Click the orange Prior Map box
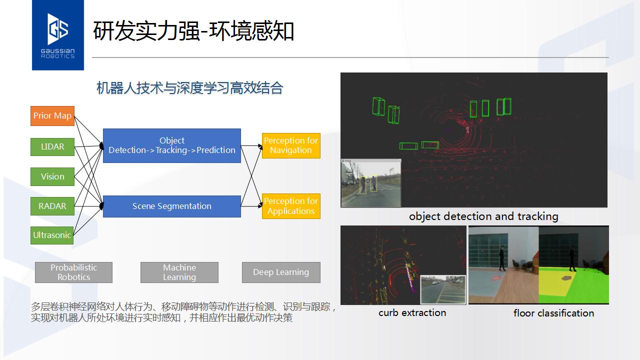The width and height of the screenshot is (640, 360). (x=52, y=115)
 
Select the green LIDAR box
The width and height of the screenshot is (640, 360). (x=52, y=147)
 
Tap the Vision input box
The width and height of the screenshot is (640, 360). (x=52, y=176)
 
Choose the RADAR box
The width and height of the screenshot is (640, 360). (x=52, y=206)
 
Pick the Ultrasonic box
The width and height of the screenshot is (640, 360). (x=52, y=235)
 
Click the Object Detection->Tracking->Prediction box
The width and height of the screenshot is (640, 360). (x=172, y=145)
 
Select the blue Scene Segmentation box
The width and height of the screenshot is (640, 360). (x=172, y=206)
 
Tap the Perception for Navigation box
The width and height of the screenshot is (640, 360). (x=291, y=145)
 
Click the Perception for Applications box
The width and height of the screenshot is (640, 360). (x=291, y=206)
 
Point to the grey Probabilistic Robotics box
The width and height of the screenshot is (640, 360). (x=73, y=272)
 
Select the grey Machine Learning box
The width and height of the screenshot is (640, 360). (x=179, y=272)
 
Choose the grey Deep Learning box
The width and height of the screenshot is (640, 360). (x=281, y=272)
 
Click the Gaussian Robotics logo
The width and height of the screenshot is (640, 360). (x=58, y=35)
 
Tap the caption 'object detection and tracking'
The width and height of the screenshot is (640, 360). (x=483, y=216)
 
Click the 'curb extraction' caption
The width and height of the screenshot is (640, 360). (x=412, y=313)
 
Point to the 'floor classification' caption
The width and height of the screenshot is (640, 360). (x=553, y=313)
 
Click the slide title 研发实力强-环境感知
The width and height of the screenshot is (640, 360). (x=193, y=31)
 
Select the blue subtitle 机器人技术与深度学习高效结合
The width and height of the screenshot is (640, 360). (x=189, y=87)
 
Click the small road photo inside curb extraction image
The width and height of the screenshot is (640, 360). (x=443, y=289)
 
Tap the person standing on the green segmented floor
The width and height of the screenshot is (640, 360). (x=572, y=259)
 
